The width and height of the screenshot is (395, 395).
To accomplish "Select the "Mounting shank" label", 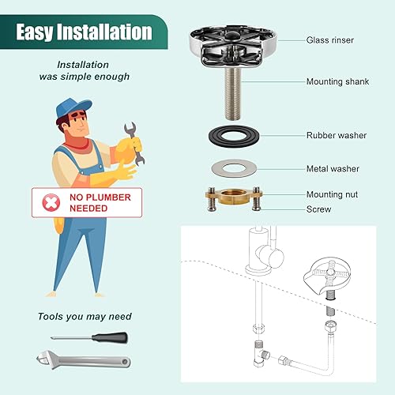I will (337, 81).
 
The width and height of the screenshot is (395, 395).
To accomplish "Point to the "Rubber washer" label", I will (337, 135).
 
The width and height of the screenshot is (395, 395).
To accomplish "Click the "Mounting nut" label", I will (335, 194).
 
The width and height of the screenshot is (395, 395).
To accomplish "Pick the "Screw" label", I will (319, 209).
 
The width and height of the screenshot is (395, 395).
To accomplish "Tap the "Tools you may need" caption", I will (83, 316).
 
